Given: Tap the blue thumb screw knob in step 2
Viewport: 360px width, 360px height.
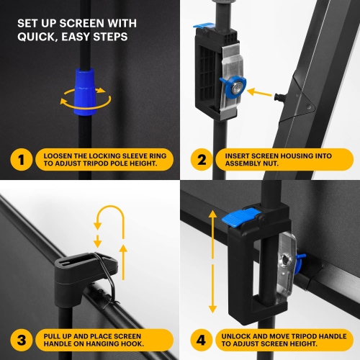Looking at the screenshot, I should point(235,88).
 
